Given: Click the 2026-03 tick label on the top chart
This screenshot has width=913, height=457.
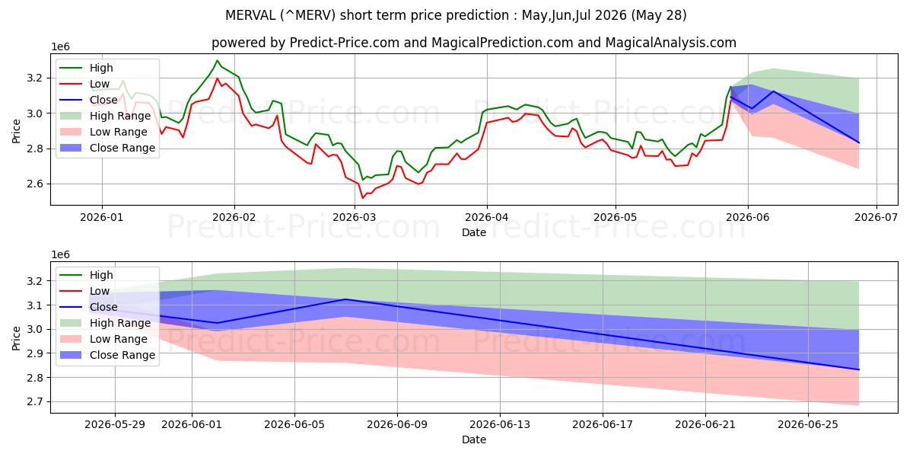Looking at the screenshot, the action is (x=355, y=217).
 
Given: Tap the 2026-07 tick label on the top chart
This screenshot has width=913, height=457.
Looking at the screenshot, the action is (x=876, y=217).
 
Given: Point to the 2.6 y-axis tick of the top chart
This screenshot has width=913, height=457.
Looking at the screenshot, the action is (x=35, y=184).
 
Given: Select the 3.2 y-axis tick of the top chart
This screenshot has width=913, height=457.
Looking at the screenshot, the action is (x=35, y=78).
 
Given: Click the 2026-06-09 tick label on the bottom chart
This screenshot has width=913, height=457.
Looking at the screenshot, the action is (x=397, y=425).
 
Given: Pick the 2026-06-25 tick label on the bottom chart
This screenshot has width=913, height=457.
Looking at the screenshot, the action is (x=808, y=425).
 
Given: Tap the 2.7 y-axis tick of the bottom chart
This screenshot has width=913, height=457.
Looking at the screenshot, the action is (x=35, y=402).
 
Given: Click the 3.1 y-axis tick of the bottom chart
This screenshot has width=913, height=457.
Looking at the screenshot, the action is (x=35, y=305).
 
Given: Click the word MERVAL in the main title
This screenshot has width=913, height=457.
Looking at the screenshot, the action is (x=250, y=15).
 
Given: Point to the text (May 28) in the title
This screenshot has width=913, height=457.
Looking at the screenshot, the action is (x=659, y=15).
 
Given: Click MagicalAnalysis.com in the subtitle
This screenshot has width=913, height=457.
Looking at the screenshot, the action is (x=671, y=43).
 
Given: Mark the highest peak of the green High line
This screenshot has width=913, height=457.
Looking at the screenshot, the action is (x=217, y=60).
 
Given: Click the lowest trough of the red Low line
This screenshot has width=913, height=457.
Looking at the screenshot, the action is (x=363, y=198).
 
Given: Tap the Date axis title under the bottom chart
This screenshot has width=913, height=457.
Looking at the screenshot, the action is (x=473, y=440).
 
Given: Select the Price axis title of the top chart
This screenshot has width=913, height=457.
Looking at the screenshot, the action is (x=16, y=131).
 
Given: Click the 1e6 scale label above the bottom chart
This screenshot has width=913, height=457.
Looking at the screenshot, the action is (x=60, y=254).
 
